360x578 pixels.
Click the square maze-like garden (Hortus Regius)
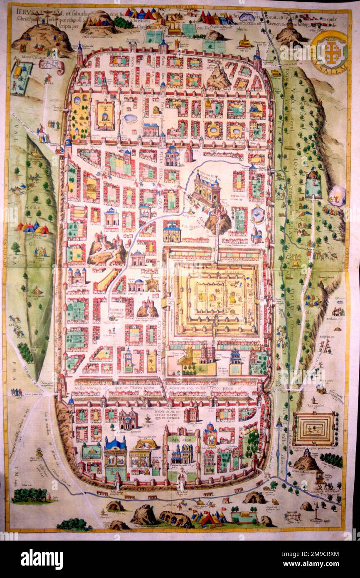(x=314, y=428)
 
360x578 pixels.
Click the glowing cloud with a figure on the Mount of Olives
(x=337, y=195)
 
